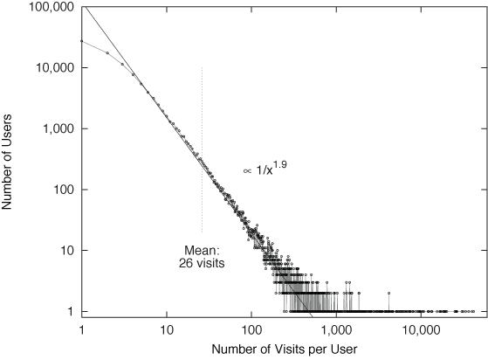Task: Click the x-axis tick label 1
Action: click(81, 329)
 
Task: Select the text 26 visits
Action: click(202, 260)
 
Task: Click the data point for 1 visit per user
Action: click(81, 41)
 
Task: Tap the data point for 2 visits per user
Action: click(107, 52)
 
